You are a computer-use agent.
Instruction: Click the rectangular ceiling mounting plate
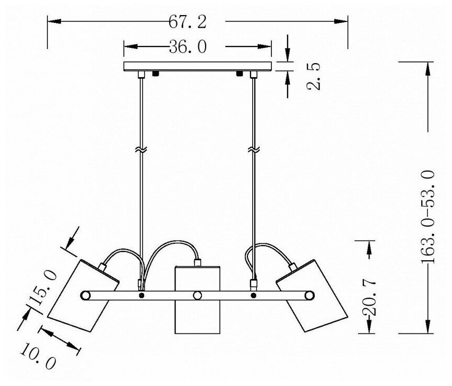coord(198,67)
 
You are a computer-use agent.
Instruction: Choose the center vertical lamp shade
coord(197,300)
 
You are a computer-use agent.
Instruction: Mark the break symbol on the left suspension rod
coord(140,150)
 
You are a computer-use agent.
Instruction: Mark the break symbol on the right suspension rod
coord(253,150)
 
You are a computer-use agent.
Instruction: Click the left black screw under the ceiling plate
coord(156,74)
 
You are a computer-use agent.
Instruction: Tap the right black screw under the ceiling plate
coord(239,74)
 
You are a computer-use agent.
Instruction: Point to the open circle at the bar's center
coord(197,296)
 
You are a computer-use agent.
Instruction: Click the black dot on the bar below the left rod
coord(141,296)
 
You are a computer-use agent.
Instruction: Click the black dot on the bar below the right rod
coord(254,296)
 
